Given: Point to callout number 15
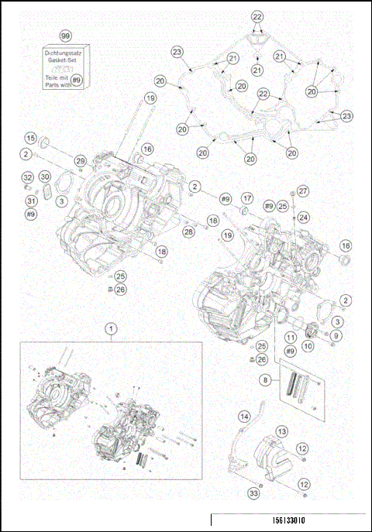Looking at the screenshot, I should point(30,138).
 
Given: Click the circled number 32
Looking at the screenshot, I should point(27,177).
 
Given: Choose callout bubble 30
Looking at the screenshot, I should point(44,177).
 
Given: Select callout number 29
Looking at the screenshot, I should point(80,160).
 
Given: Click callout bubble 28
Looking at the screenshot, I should point(188,232).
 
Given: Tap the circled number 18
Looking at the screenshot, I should point(160,252).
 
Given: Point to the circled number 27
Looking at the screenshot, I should point(303,190).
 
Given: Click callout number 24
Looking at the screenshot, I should point(304,218).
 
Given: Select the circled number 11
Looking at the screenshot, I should point(289,338).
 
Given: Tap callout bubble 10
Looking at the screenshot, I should point(308,348).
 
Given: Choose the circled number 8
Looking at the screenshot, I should point(267,380).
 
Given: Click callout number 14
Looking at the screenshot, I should point(245,417).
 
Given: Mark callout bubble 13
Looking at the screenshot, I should point(282,431).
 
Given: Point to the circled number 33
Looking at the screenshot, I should point(253,493).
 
